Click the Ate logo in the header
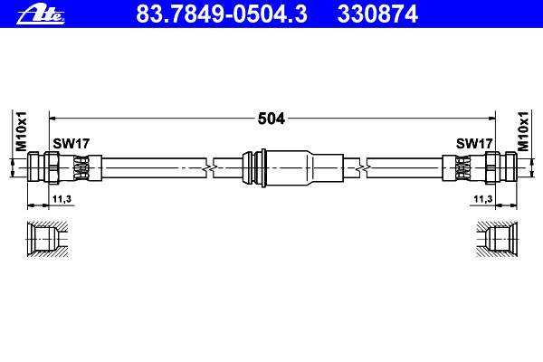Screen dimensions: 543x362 (x=41, y=14)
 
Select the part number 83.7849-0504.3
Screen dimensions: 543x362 (x=222, y=14)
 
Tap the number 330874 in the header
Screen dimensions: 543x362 (x=377, y=14)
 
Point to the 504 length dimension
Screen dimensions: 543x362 (x=271, y=119)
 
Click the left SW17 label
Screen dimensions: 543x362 (x=71, y=143)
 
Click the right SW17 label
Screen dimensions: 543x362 (x=474, y=143)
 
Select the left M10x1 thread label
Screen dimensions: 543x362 (x=21, y=131)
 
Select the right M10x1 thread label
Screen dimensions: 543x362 (x=523, y=131)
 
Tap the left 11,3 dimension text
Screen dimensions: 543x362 (x=62, y=199)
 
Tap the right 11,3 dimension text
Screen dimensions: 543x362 (x=483, y=199)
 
